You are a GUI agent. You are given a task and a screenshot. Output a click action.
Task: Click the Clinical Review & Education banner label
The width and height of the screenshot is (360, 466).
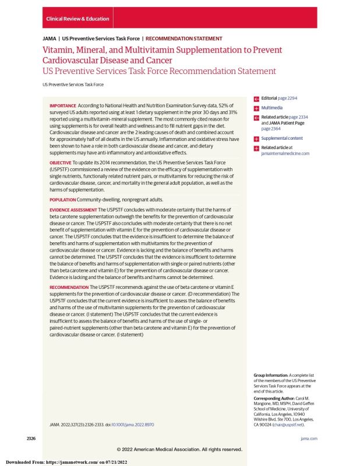pyautogui.click(x=77, y=19)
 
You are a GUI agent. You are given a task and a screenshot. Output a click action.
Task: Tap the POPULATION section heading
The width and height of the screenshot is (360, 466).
pyautogui.click(x=63, y=200)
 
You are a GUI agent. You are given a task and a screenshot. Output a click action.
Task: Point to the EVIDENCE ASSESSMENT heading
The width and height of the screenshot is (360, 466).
pyautogui.click(x=73, y=209)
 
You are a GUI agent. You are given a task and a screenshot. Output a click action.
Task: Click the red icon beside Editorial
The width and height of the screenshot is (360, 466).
pyautogui.click(x=256, y=99)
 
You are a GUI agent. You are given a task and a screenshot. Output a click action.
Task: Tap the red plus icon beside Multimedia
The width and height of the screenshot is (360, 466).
pyautogui.click(x=256, y=108)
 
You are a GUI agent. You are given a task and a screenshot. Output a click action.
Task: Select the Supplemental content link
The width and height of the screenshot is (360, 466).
pyautogui.click(x=282, y=139)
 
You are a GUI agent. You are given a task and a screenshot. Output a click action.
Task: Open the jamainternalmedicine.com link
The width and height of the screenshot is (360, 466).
pyautogui.click(x=285, y=153)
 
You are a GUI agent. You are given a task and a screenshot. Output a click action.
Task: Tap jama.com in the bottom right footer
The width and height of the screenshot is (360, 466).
pyautogui.click(x=309, y=437)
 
